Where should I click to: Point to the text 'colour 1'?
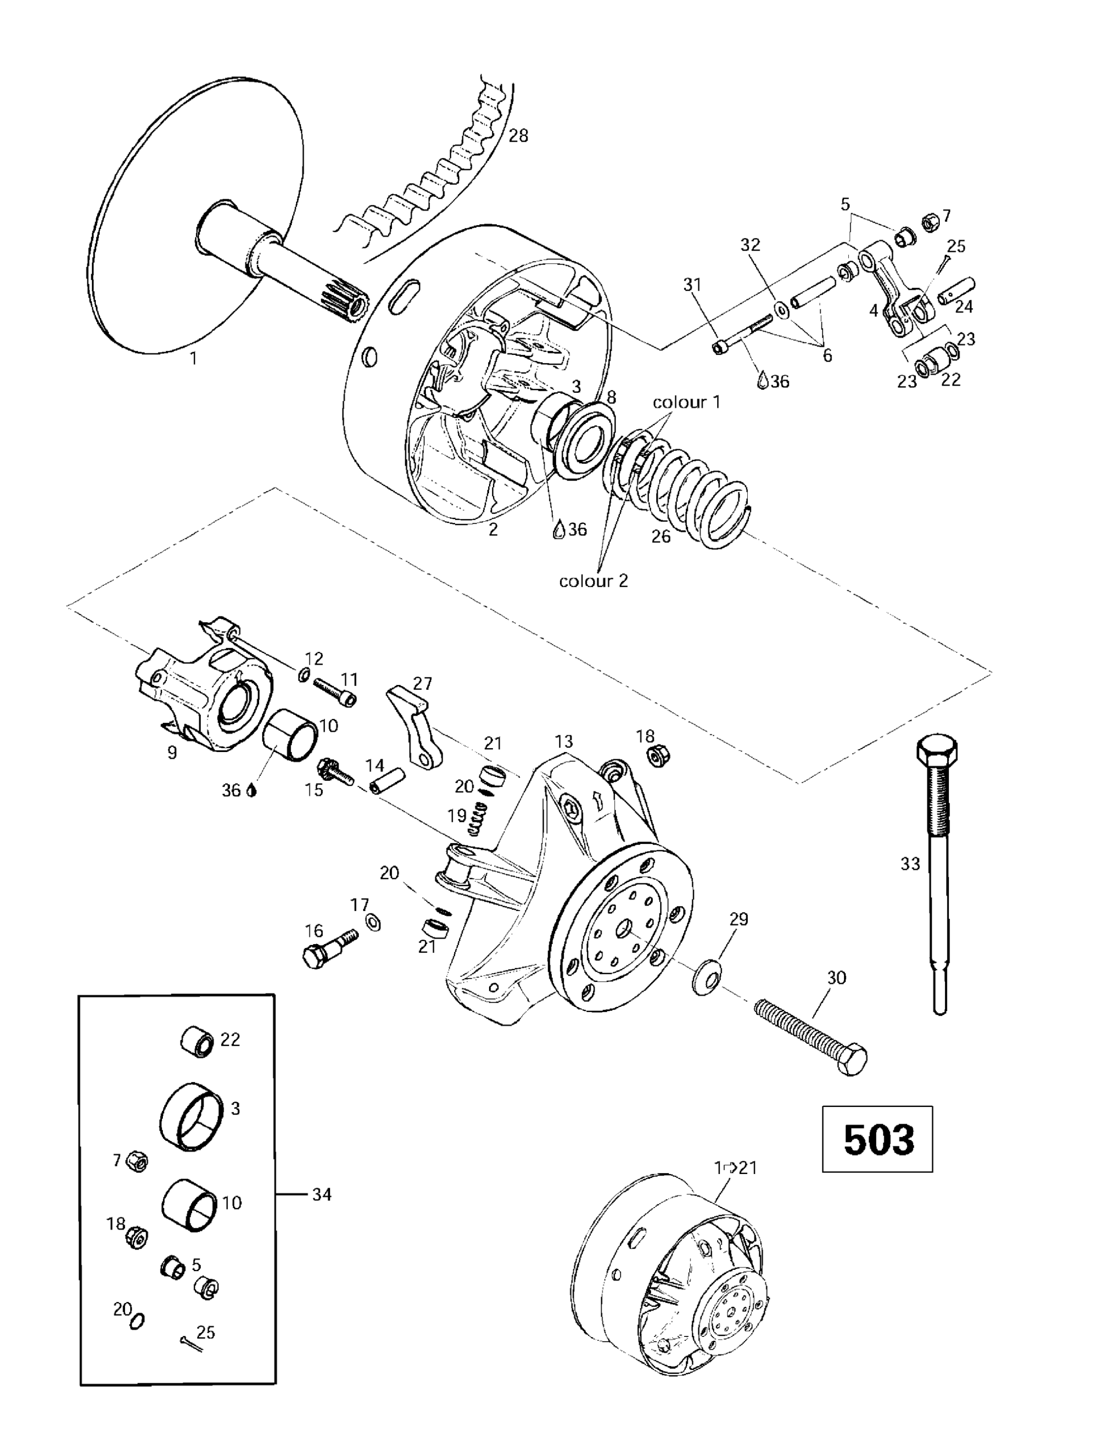[x=686, y=402]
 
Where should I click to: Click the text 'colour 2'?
[x=593, y=581]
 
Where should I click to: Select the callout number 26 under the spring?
[x=660, y=536]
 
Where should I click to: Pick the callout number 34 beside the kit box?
[x=321, y=1194]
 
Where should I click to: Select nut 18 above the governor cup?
[x=658, y=757]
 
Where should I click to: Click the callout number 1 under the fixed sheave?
[x=193, y=359]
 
